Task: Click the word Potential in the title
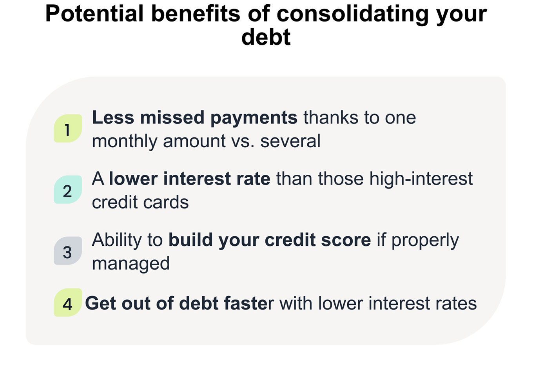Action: tap(94, 14)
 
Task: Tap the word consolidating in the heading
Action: tap(352, 15)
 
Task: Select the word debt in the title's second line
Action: tap(266, 37)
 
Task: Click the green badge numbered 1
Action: tap(68, 128)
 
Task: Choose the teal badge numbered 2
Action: tap(68, 189)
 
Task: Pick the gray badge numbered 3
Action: tap(68, 250)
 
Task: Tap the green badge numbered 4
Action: tap(68, 302)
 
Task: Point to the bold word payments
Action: tap(254, 118)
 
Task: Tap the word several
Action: tap(290, 141)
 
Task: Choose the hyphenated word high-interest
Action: tap(421, 179)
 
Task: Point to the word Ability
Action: tap(117, 241)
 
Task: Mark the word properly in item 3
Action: tap(425, 241)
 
